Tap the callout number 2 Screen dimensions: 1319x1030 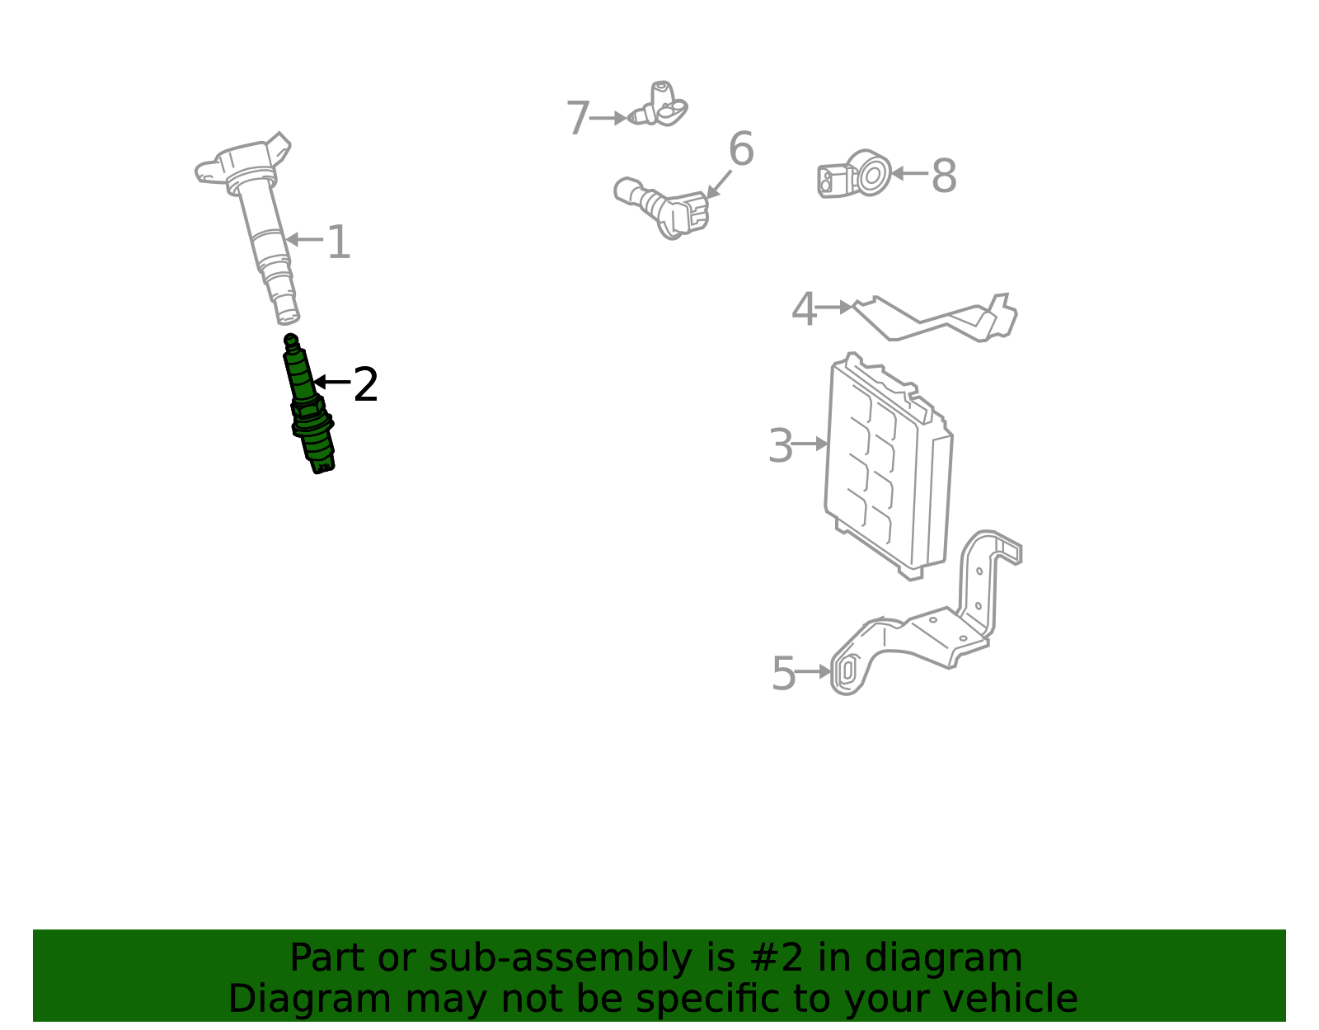pyautogui.click(x=365, y=384)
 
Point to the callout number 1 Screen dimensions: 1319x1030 pyautogui.click(x=339, y=242)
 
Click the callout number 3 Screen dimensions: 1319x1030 pyautogui.click(x=780, y=445)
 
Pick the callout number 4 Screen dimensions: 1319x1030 pyautogui.click(x=804, y=309)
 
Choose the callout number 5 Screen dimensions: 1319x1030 pyautogui.click(x=783, y=673)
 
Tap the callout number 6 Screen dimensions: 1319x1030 pyautogui.click(x=741, y=148)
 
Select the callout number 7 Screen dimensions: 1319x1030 pyautogui.click(x=578, y=118)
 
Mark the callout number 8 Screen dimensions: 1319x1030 pyautogui.click(x=944, y=176)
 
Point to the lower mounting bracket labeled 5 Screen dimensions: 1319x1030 pyautogui.click(x=926, y=613)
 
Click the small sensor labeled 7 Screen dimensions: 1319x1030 pyautogui.click(x=658, y=105)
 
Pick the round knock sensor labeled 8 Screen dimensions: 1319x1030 pyautogui.click(x=855, y=173)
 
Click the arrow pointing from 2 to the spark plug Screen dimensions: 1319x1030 pyautogui.click(x=332, y=383)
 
